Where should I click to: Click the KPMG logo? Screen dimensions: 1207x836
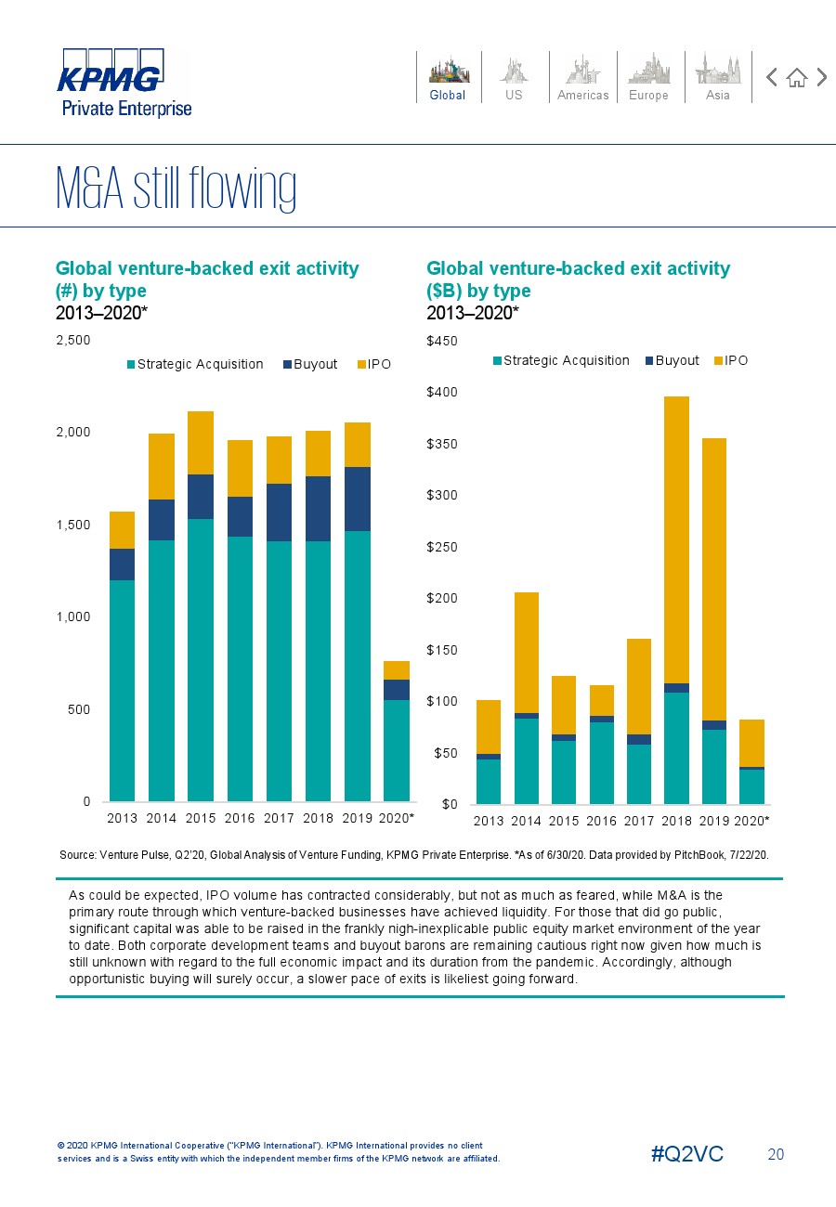pos(110,74)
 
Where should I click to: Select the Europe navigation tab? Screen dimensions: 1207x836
pos(648,77)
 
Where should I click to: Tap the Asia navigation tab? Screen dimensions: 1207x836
pos(718,77)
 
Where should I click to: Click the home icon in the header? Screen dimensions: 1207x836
pos(796,78)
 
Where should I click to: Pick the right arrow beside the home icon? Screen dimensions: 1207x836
pos(822,78)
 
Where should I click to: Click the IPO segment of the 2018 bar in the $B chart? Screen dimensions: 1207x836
pos(676,539)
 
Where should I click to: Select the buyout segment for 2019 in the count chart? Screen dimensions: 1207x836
pos(357,499)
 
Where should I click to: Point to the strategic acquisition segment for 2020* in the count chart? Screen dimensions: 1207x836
pos(397,750)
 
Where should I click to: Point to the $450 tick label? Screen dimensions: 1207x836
pos(441,342)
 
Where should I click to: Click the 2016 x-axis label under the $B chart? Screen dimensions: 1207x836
pos(601,822)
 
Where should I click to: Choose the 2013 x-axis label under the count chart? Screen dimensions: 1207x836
pos(122,819)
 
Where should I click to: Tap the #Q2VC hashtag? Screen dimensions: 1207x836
pos(687,1154)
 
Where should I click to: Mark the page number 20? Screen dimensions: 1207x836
pos(776,1154)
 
